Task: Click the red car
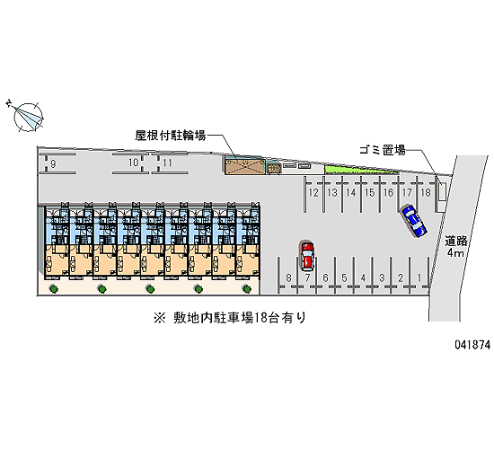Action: click(307, 256)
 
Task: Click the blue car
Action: click(413, 221)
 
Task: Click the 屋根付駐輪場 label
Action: click(171, 136)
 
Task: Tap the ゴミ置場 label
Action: click(383, 150)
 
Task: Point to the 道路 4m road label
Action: click(455, 247)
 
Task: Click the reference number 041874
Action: click(472, 345)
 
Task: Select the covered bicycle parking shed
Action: click(245, 166)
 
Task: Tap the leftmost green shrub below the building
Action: click(53, 288)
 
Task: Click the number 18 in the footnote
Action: click(260, 318)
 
